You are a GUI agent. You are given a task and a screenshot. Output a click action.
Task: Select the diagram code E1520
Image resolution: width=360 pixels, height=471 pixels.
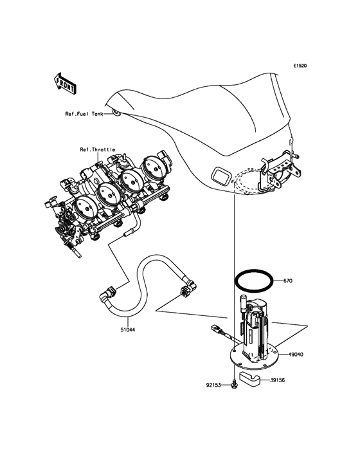tap(300, 66)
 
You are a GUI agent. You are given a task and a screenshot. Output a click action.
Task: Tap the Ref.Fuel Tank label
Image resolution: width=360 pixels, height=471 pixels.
tap(84, 114)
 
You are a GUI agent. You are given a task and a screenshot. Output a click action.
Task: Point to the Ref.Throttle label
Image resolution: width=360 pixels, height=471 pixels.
tap(98, 149)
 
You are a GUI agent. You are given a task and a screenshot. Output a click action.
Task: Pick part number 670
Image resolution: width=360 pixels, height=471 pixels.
tap(288, 281)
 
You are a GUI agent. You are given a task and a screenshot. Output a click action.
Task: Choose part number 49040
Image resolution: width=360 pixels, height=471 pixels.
tap(296, 355)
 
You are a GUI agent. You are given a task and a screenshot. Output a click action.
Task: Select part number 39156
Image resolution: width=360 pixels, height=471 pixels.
tap(278, 380)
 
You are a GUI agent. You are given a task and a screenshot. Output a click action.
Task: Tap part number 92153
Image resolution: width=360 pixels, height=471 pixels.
tap(213, 385)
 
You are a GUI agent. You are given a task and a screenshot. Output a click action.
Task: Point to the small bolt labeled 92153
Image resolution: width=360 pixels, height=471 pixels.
tap(234, 384)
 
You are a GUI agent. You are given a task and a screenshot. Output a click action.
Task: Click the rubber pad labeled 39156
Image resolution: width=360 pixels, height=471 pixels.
tap(249, 378)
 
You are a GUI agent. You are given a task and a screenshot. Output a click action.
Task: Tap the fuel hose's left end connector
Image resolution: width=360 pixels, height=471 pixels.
tap(108, 293)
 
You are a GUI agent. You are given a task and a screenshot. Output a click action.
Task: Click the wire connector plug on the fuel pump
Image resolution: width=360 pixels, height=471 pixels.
tap(217, 328)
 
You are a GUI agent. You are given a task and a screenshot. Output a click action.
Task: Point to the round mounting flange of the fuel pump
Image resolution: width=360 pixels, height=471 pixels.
tap(254, 358)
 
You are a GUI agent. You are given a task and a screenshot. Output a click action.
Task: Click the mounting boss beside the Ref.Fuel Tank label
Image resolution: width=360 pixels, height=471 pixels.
tap(116, 113)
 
